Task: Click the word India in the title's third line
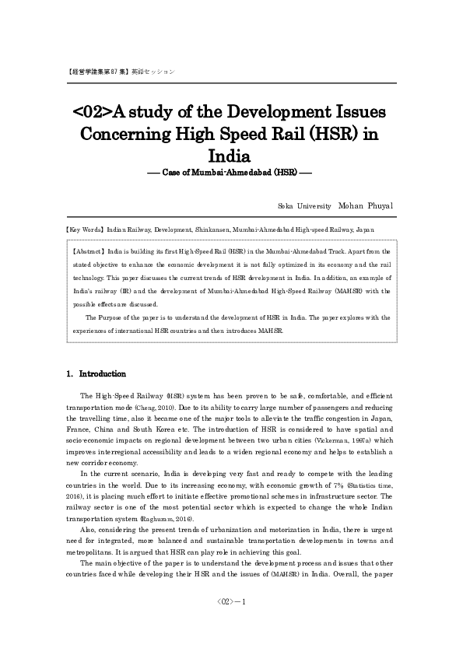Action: tap(231, 154)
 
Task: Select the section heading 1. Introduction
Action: tap(96, 373)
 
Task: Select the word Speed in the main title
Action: tap(220, 132)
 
